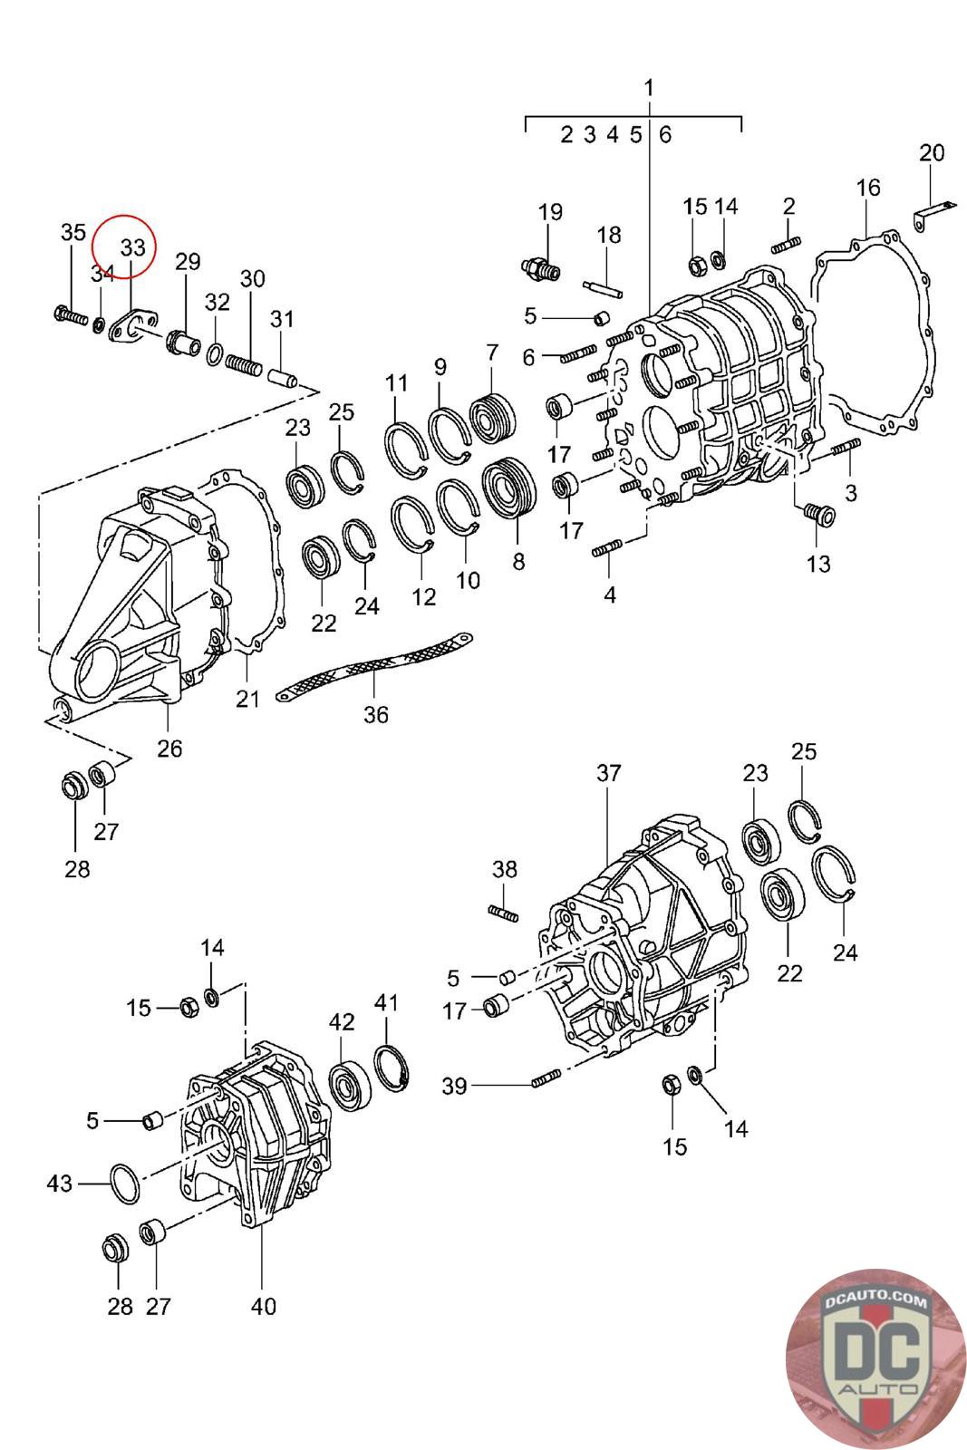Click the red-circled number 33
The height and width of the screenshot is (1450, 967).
132,247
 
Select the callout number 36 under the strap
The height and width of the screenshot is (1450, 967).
375,715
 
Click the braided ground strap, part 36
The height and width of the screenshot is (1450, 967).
374,667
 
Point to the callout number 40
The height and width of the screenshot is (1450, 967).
264,1306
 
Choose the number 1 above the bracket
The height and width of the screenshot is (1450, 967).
649,87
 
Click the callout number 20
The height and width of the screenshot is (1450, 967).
932,153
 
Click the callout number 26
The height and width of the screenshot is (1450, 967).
169,749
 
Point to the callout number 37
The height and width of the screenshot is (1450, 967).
608,772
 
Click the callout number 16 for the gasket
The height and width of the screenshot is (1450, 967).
868,187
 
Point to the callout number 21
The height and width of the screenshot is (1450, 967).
247,699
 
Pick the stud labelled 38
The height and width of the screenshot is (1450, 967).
503,913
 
